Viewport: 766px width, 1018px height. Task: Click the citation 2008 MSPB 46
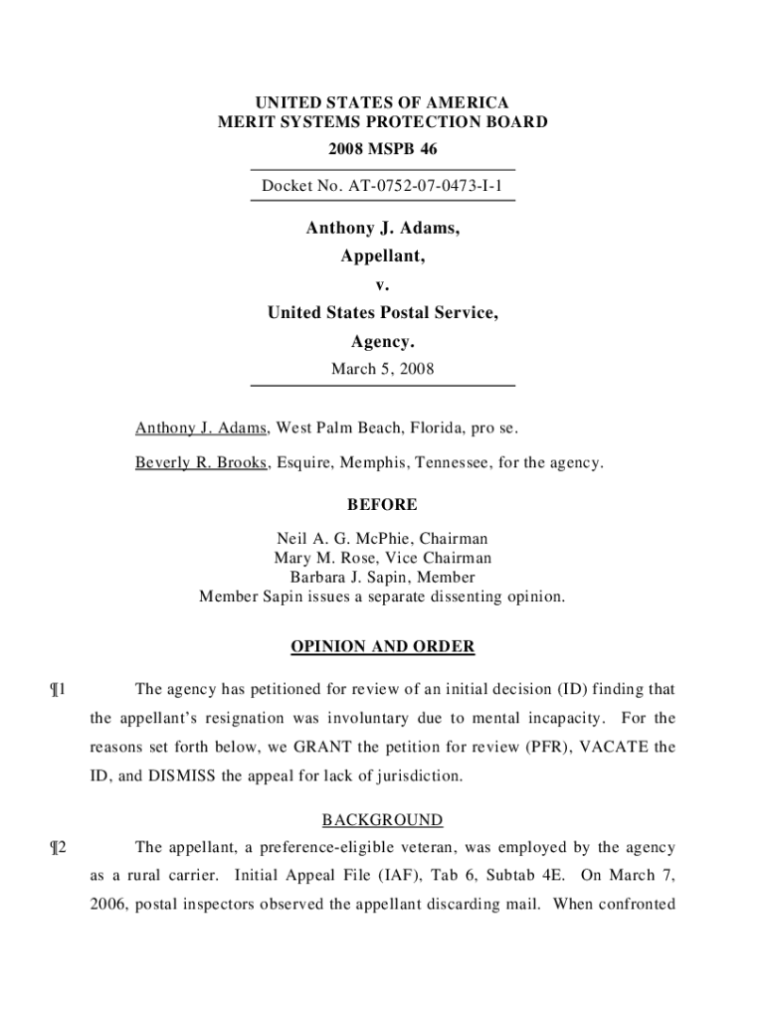382,149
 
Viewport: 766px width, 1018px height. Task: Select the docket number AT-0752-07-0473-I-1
382,186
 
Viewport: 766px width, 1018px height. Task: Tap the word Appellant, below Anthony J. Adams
382,256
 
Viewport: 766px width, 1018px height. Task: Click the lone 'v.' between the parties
382,285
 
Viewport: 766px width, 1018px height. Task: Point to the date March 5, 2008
382,369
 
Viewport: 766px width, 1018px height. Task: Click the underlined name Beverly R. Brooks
201,462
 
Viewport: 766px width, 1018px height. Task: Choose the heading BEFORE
382,505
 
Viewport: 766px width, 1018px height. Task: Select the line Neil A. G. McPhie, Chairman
382,540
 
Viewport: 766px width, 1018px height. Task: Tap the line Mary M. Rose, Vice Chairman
382,559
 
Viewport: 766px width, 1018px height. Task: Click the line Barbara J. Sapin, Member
382,578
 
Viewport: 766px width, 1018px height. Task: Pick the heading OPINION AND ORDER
382,647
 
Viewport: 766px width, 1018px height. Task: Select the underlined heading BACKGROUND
382,820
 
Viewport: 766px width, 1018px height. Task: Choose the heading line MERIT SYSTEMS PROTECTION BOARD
382,123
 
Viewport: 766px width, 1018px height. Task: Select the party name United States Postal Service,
382,314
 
